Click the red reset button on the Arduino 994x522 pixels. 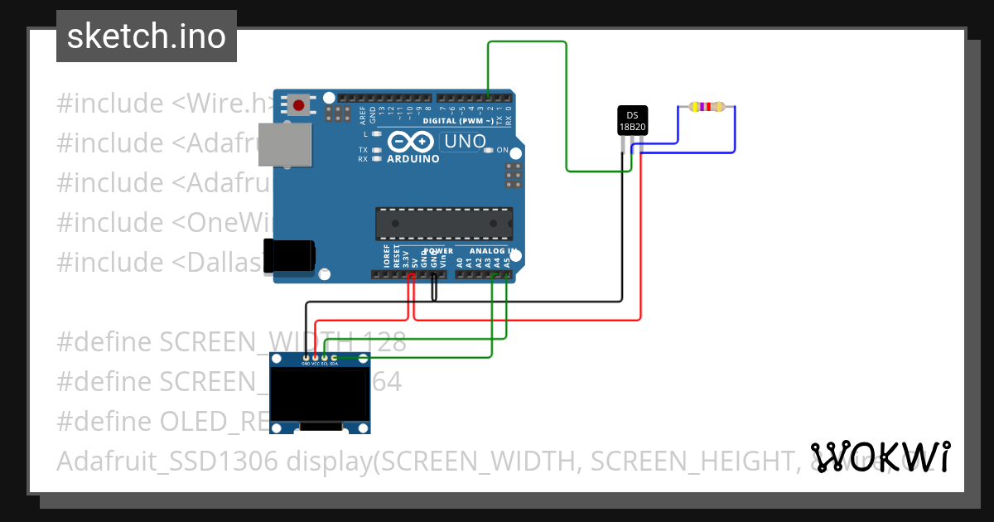(x=297, y=105)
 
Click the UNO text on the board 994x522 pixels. (x=465, y=142)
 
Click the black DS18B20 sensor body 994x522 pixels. (x=632, y=120)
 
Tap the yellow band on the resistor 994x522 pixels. (x=694, y=107)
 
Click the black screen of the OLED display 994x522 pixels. (x=321, y=394)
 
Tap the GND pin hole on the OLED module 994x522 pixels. (x=306, y=357)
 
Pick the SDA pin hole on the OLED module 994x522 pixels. (x=334, y=357)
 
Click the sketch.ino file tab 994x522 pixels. (x=147, y=36)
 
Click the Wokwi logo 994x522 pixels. (x=880, y=457)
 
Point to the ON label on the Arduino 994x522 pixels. (x=500, y=150)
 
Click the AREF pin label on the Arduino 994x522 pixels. (x=363, y=114)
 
